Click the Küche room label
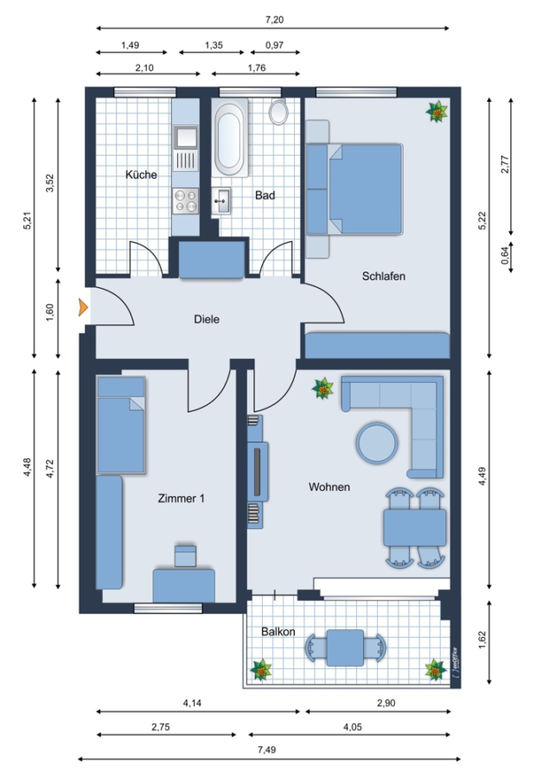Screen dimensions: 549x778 coord(141,175)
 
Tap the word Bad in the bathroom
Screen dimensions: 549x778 coord(265,195)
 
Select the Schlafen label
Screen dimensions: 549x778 coord(384,276)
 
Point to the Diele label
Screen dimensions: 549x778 coord(207,319)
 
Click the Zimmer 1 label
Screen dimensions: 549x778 coord(182,498)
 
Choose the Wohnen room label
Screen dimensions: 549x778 coord(329,487)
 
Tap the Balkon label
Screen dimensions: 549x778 coord(278,632)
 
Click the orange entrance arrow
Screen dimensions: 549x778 coord(83,308)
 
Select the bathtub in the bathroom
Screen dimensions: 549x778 coord(230,138)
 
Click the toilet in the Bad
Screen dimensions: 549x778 coord(278,112)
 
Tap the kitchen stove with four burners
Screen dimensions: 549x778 coord(185,201)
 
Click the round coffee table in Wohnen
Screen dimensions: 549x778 coord(377,443)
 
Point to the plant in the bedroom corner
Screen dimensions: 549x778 coord(437,112)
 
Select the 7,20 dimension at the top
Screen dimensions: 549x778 coord(275,20)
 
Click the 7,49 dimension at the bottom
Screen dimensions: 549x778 coord(266,749)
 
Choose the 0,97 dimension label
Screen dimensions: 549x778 coord(275,45)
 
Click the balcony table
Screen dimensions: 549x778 coord(345,647)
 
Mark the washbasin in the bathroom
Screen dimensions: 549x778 coord(220,201)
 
